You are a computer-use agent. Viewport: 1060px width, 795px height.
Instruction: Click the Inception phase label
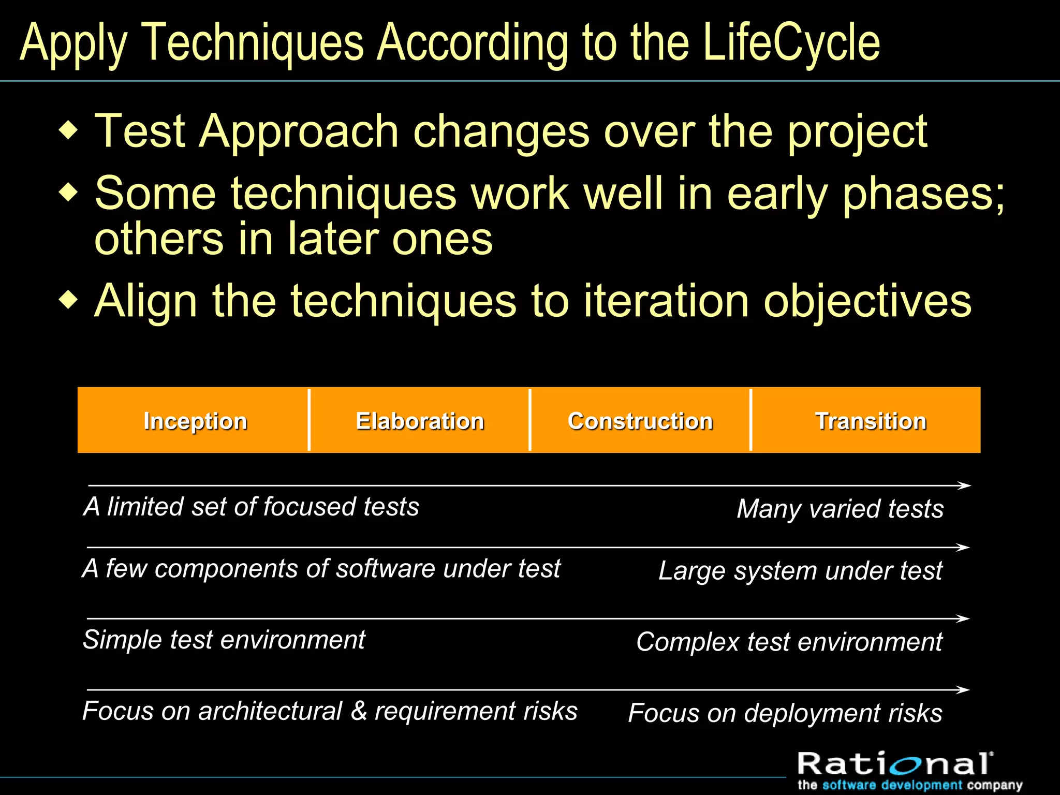pyautogui.click(x=195, y=421)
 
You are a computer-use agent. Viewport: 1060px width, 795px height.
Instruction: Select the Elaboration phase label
pyautogui.click(x=420, y=421)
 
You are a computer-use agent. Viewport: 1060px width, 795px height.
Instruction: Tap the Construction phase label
pyautogui.click(x=640, y=421)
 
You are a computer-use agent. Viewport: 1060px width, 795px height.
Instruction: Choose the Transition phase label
pyautogui.click(x=871, y=421)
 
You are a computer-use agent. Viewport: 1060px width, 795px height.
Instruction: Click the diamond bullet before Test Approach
pyautogui.click(x=68, y=130)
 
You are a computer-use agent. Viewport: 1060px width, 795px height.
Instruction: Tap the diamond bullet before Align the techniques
pyautogui.click(x=68, y=300)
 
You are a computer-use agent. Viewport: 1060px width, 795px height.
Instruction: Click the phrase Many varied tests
pyautogui.click(x=840, y=509)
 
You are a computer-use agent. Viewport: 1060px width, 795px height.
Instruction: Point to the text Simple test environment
pyautogui.click(x=224, y=640)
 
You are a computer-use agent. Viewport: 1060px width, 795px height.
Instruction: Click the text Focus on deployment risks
pyautogui.click(x=785, y=713)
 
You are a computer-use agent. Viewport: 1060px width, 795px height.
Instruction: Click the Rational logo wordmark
pyautogui.click(x=894, y=764)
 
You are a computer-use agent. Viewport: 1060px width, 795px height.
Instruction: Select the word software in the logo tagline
pyautogui.click(x=849, y=785)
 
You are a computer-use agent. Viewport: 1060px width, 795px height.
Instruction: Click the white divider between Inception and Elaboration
pyautogui.click(x=309, y=420)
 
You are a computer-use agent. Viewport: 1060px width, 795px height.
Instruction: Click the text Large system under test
pyautogui.click(x=800, y=571)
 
